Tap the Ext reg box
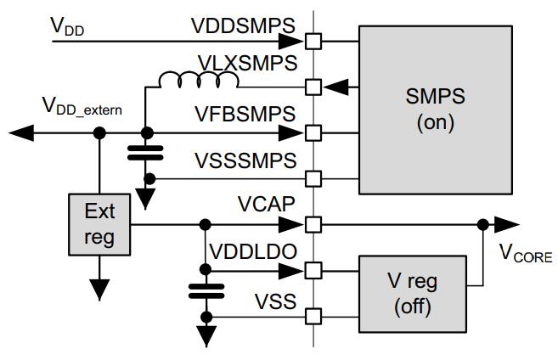point(100,224)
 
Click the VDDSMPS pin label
point(243,25)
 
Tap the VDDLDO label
point(253,252)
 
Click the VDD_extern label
point(82,107)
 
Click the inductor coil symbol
point(197,81)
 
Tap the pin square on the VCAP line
point(313,224)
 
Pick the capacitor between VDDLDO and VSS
point(205,291)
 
